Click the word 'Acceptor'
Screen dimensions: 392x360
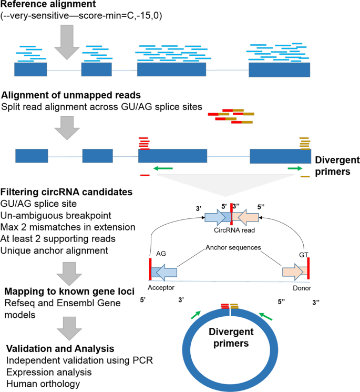click(x=162, y=288)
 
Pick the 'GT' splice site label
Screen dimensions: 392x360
click(x=304, y=253)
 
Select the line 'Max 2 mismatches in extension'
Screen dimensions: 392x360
click(x=68, y=227)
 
